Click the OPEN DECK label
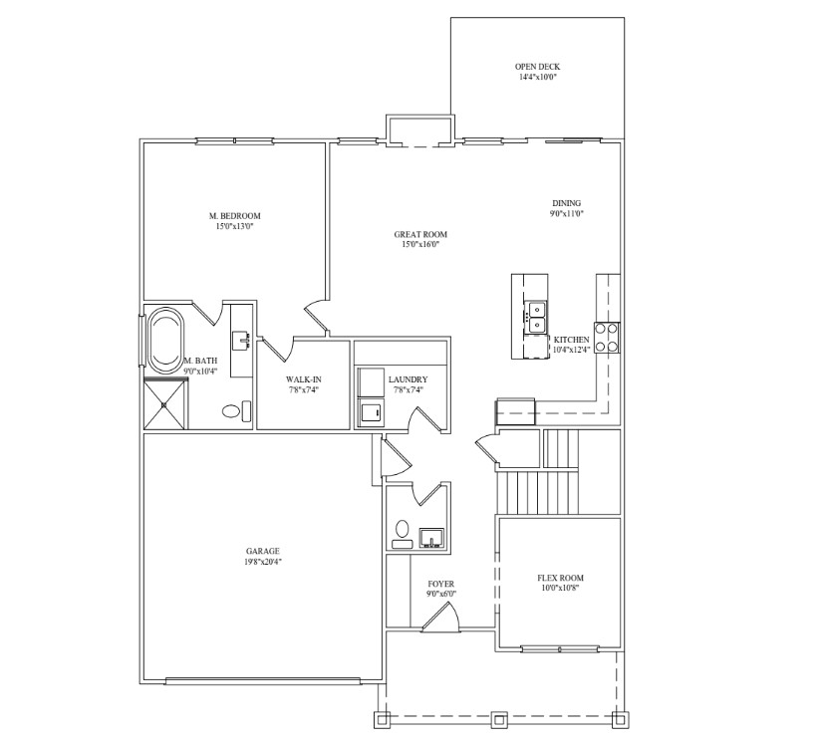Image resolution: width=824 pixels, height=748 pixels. tap(537, 67)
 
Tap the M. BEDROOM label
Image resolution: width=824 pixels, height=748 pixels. tap(234, 216)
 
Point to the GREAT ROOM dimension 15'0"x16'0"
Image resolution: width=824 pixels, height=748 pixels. tap(416, 245)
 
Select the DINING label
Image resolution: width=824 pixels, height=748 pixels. tap(567, 203)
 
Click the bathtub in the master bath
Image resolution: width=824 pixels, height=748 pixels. tap(165, 342)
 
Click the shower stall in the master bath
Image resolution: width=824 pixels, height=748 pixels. tap(164, 404)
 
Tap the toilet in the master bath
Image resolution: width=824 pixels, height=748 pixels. tap(236, 410)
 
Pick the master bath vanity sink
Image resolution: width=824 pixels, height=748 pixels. tap(242, 341)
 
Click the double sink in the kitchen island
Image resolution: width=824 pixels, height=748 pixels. tap(536, 318)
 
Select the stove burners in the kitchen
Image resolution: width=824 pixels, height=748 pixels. tap(607, 338)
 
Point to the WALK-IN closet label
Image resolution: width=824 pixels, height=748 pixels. tap(304, 379)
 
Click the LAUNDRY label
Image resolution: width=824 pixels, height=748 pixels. tap(409, 379)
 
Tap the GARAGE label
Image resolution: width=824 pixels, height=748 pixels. tap(263, 552)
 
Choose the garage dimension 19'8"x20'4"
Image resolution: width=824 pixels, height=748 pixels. tap(263, 562)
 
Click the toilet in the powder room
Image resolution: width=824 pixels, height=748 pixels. tap(403, 534)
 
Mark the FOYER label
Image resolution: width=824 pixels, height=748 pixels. tap(441, 584)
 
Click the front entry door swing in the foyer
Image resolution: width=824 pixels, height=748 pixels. tap(444, 616)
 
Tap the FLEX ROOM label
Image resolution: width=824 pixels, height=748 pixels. tap(560, 578)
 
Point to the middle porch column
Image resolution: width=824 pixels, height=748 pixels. tap(499, 719)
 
